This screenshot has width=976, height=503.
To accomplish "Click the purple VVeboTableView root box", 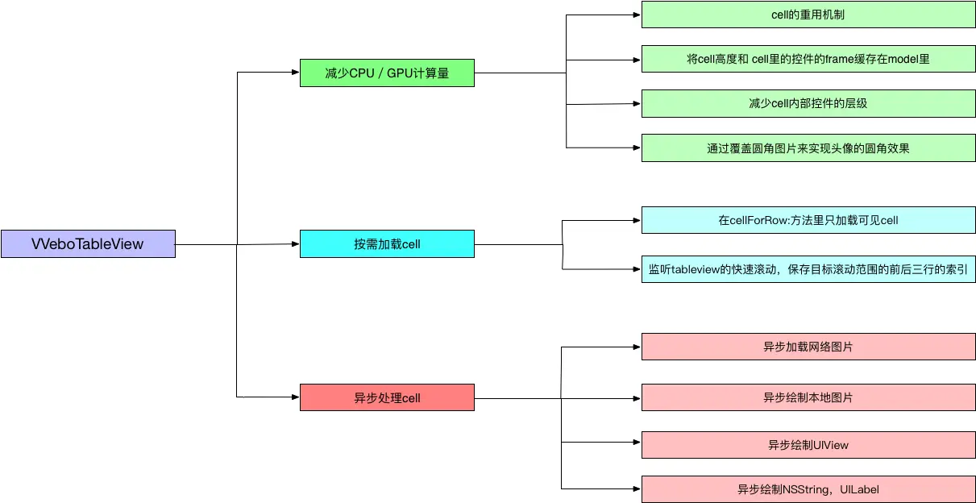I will click(88, 243).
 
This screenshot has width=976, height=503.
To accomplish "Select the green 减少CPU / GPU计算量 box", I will click(387, 73).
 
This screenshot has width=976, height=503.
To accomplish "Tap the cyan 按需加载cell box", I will click(387, 243).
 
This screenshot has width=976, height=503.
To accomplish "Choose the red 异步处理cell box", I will click(387, 397).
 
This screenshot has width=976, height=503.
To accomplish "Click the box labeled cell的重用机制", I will click(808, 15).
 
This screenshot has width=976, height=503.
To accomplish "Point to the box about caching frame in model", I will click(808, 59).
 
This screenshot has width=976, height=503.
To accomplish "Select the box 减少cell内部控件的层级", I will click(808, 103).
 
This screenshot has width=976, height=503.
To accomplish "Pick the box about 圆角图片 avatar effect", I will click(808, 148).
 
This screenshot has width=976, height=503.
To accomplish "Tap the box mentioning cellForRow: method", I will click(808, 220).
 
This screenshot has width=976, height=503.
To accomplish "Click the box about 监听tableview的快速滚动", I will click(808, 268).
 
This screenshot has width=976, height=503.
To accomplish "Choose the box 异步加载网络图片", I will click(808, 347).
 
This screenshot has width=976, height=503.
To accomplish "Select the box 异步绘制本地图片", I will click(808, 397).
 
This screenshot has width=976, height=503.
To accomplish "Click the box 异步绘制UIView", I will click(808, 444).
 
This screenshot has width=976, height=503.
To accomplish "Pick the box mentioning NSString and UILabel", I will click(808, 489).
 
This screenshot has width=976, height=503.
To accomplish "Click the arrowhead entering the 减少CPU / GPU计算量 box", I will click(295, 73).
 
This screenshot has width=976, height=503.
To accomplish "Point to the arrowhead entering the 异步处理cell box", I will click(295, 397).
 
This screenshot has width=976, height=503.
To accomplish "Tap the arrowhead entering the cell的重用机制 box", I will click(637, 15).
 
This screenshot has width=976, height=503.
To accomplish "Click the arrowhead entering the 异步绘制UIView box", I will click(637, 443).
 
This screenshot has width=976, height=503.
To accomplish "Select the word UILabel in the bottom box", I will click(859, 489).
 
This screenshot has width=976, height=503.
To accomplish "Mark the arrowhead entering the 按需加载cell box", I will click(295, 243).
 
